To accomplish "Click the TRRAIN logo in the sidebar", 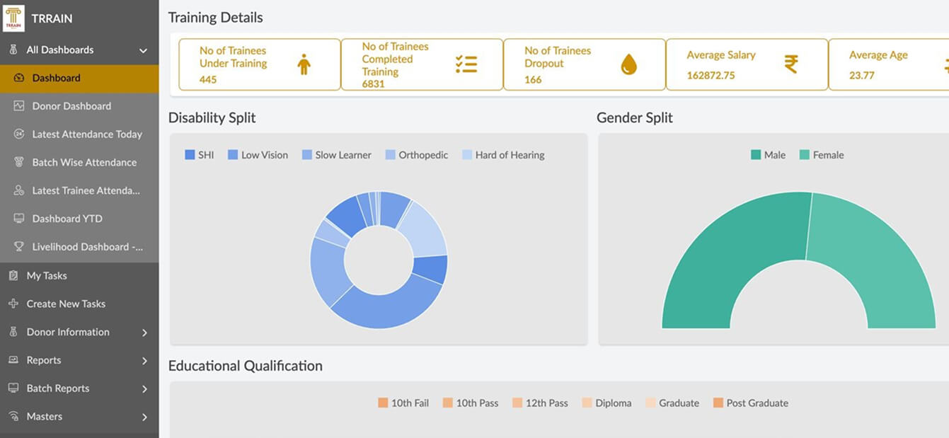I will pyautogui.click(x=14, y=18).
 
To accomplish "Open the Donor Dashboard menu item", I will pyautogui.click(x=71, y=106).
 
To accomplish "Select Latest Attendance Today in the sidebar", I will pyautogui.click(x=87, y=134).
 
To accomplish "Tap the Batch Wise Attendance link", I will pyautogui.click(x=84, y=163).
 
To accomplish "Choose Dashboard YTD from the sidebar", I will pyautogui.click(x=67, y=219).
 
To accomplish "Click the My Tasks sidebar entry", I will pyautogui.click(x=47, y=275).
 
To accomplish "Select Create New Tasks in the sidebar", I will pyautogui.click(x=66, y=304).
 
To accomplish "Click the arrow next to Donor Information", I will pyautogui.click(x=144, y=333).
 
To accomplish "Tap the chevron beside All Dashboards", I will pyautogui.click(x=143, y=51).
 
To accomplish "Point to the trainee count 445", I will pyautogui.click(x=208, y=80).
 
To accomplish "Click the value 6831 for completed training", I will pyautogui.click(x=373, y=83).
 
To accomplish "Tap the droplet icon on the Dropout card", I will pyautogui.click(x=628, y=65).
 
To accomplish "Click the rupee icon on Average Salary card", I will pyautogui.click(x=791, y=64).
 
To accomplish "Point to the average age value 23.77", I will pyautogui.click(x=861, y=75).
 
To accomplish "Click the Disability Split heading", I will pyautogui.click(x=212, y=117).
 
